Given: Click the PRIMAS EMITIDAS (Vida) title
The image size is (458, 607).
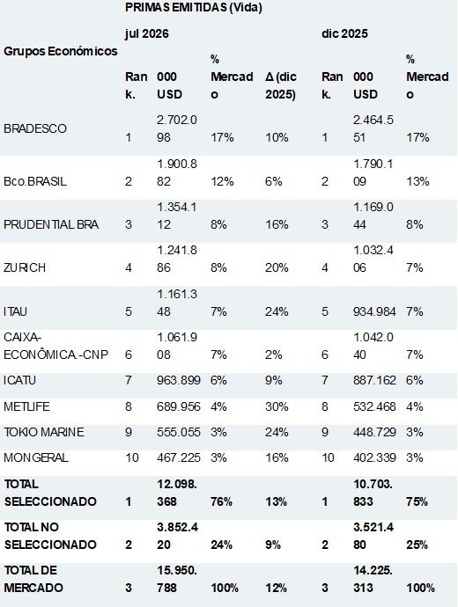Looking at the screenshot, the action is click(194, 7).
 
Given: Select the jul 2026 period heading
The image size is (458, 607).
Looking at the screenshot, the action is click(147, 33).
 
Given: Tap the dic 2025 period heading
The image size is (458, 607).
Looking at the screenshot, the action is click(344, 33).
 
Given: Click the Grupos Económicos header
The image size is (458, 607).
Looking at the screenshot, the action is click(61, 51).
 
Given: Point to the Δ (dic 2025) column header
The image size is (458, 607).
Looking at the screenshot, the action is click(281, 85).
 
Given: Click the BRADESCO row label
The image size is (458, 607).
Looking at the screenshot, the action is click(35, 128).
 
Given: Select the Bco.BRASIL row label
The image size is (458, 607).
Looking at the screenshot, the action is click(35, 181).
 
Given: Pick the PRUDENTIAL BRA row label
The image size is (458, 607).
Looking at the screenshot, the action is click(51, 224).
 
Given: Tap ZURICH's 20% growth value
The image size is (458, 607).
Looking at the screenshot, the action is click(277, 267).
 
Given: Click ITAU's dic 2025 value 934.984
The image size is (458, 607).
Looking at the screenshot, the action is click(374, 311).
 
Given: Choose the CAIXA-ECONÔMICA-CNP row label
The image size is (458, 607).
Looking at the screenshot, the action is click(55, 346).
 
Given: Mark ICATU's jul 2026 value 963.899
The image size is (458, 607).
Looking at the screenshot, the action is click(179, 380).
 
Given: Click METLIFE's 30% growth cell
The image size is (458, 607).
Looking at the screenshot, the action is click(277, 406).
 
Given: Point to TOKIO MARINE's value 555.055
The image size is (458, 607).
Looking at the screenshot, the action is click(179, 432).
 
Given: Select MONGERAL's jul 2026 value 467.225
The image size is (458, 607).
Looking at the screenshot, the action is click(179, 457).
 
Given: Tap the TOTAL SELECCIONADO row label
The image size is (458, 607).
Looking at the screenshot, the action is click(50, 493).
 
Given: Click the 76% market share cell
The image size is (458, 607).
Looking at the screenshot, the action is click(221, 501).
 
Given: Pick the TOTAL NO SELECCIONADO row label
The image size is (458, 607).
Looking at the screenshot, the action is click(50, 536).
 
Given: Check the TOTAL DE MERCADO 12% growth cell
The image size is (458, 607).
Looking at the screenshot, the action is click(277, 588).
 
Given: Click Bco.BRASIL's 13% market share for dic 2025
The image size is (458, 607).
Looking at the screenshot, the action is click(417, 181).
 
